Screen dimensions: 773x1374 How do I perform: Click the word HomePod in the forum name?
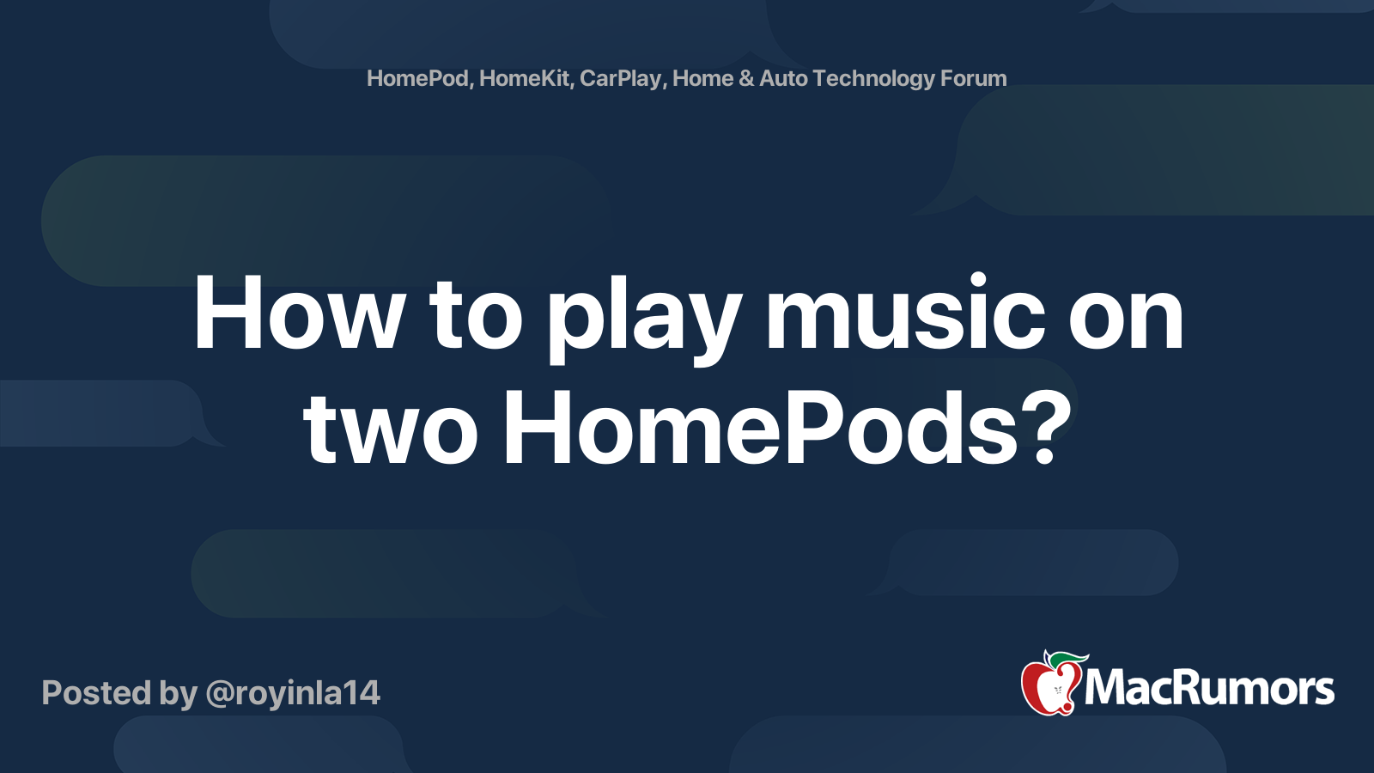click(417, 79)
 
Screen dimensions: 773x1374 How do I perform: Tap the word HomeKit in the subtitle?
click(525, 79)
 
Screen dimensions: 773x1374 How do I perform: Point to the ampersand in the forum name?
click(746, 79)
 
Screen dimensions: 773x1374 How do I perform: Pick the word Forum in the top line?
click(974, 79)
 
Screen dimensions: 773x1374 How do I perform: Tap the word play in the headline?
click(644, 318)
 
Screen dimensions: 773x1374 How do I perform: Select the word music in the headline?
click(905, 314)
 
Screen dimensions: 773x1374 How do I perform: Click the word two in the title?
click(390, 429)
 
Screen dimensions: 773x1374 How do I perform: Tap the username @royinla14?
click(293, 694)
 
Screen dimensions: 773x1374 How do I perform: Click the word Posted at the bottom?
click(97, 694)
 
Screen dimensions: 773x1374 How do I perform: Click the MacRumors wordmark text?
click(1209, 689)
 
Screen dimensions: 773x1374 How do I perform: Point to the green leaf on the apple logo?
click(1067, 659)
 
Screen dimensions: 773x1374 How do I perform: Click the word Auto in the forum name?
click(783, 79)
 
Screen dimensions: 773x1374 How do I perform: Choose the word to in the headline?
click(477, 314)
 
